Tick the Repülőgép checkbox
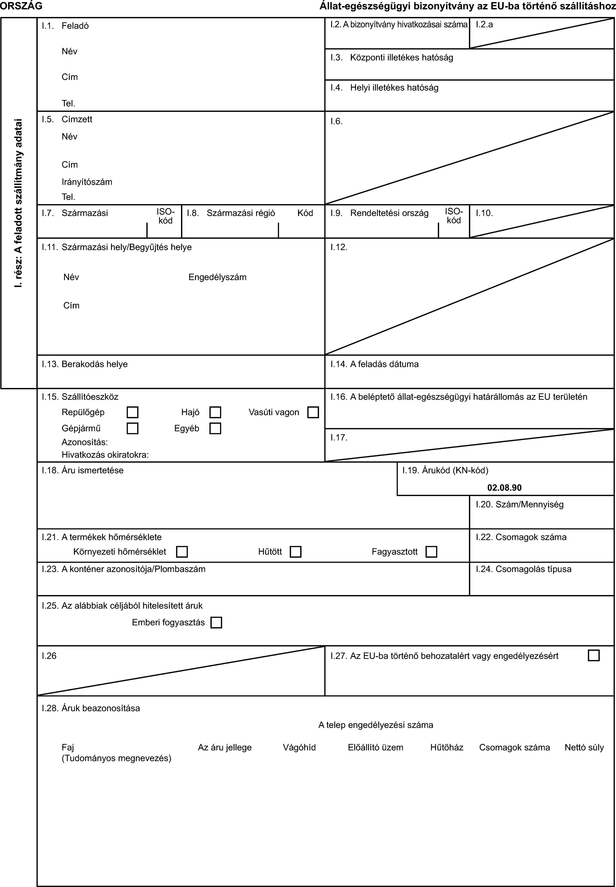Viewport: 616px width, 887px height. click(x=132, y=412)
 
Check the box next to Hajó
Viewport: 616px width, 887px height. click(x=215, y=412)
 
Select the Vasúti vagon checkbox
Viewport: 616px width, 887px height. click(x=313, y=412)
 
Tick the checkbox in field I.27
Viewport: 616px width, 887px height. click(x=594, y=656)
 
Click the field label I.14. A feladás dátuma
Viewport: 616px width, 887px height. click(x=374, y=364)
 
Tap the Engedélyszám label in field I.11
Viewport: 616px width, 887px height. click(x=217, y=277)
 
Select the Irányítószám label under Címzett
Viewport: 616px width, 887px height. click(x=87, y=182)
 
